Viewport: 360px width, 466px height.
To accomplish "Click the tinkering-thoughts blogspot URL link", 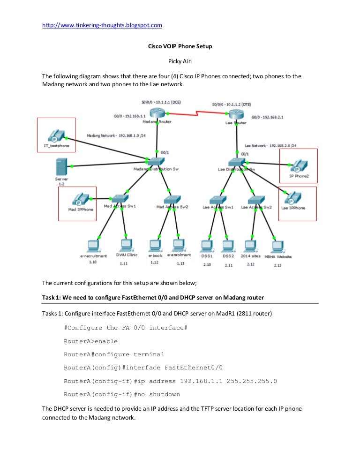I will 102,25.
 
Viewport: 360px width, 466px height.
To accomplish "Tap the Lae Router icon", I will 235,115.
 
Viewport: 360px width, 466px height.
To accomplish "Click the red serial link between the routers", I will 197,114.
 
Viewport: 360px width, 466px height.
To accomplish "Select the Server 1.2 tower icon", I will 61,167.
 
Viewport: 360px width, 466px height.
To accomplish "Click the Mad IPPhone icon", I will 81,199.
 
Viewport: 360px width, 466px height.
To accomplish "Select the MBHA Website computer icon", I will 277,246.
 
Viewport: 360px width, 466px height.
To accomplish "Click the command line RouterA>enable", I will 90,341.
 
